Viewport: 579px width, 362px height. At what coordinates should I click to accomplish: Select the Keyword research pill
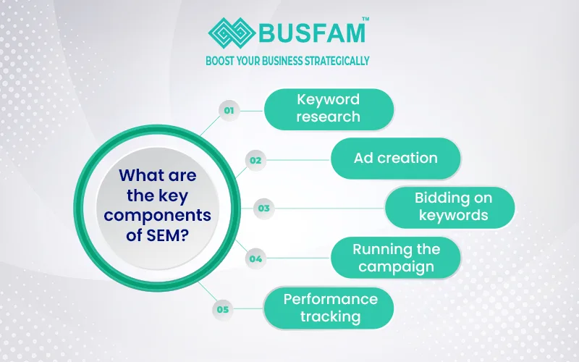click(329, 108)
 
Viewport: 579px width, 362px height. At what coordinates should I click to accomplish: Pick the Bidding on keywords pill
click(449, 206)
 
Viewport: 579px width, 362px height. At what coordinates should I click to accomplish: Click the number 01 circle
click(229, 111)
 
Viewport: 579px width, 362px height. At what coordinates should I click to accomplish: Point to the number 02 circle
click(255, 159)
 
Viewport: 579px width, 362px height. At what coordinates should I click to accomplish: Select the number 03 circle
click(264, 209)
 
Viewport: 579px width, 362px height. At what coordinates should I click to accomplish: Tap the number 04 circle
click(255, 258)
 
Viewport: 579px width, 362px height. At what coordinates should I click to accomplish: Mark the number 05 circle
click(223, 309)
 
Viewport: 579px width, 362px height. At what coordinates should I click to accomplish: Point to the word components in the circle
click(165, 214)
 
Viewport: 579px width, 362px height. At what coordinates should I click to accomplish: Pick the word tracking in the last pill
click(331, 316)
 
